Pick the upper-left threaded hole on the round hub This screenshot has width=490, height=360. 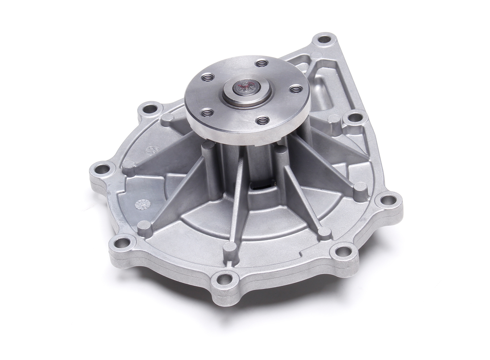207,77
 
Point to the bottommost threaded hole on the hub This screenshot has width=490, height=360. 261,120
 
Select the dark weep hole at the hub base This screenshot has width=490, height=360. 261,186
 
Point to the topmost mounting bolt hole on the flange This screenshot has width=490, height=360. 325,41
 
